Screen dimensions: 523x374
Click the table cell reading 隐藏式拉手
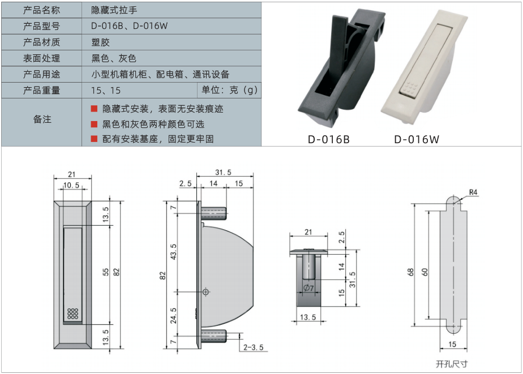tap(114, 10)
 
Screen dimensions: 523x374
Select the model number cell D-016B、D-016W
tap(130, 26)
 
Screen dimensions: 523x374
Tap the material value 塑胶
tap(100, 42)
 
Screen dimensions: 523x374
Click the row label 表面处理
tap(42, 58)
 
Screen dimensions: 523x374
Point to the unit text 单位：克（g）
tap(229, 90)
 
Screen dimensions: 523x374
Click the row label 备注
tap(42, 119)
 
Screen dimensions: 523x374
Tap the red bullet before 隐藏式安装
tap(94, 109)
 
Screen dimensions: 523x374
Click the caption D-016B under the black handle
tap(328, 139)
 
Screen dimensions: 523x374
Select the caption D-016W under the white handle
tap(417, 139)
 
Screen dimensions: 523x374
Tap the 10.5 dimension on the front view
tap(71, 186)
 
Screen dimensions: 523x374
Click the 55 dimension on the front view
tap(106, 272)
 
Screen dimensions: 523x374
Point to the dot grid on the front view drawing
tap(72, 313)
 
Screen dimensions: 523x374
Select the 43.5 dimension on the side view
tap(173, 252)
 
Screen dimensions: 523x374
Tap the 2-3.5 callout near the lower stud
tap(253, 347)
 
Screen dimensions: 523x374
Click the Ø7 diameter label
tap(308, 288)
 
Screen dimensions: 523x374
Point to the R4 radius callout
tap(473, 192)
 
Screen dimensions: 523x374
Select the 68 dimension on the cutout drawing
tap(410, 272)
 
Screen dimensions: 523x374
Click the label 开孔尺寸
tap(452, 364)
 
